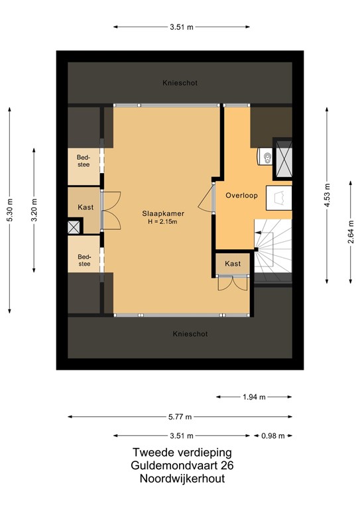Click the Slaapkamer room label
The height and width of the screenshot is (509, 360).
tap(162, 213)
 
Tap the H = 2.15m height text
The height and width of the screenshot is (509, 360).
tap(162, 221)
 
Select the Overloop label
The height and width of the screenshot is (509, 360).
tap(241, 196)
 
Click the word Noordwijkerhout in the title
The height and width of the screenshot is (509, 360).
tap(178, 479)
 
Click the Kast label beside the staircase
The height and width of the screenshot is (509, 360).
tap(233, 264)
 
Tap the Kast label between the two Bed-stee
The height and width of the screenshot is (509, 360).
tap(84, 207)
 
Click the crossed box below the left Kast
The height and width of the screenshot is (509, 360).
tap(74, 226)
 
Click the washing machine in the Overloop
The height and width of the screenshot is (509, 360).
tap(279, 198)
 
